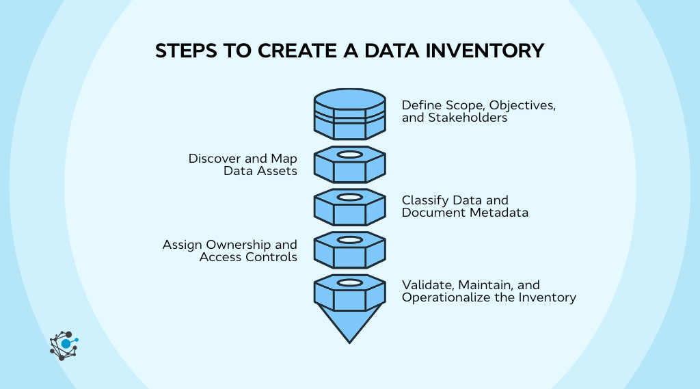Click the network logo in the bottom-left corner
click(x=64, y=345)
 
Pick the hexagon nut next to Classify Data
click(x=349, y=206)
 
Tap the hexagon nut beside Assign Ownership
click(x=349, y=249)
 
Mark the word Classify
click(x=423, y=200)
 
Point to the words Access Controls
click(x=248, y=257)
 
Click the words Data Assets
click(x=260, y=171)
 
